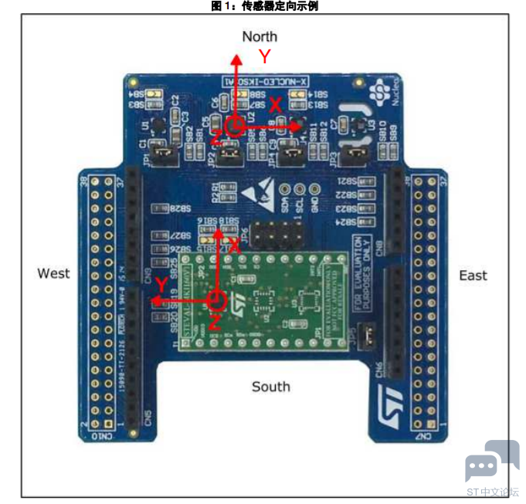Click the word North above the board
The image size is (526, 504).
coord(260,36)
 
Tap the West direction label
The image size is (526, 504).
coord(53,273)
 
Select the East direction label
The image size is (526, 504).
coord(473,276)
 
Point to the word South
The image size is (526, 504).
coord(270,386)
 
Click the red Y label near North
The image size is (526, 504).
coord(265,56)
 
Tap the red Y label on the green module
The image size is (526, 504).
coord(160,286)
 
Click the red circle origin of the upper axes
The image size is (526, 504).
coord(235,124)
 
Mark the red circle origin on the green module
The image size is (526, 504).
coord(217,299)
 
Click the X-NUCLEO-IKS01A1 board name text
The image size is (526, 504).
coord(263,80)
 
